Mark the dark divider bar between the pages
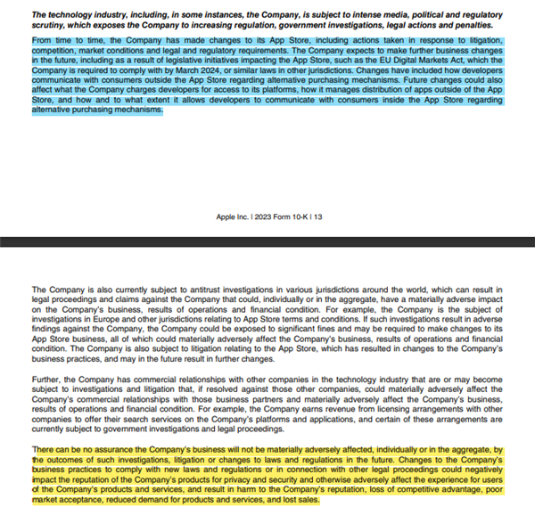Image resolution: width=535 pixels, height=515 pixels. tap(267, 240)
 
